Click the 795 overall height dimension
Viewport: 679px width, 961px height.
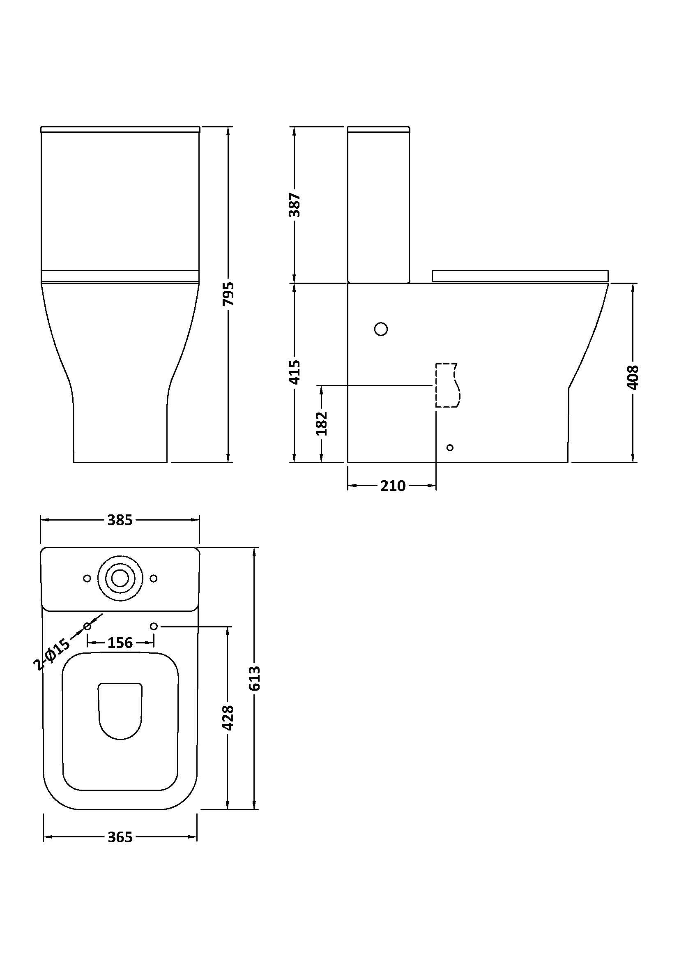click(x=228, y=294)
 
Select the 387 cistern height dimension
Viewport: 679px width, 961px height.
click(x=295, y=205)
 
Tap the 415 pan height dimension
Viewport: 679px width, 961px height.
click(x=295, y=372)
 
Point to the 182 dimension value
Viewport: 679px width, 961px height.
click(x=321, y=424)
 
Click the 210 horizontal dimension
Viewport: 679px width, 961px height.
click(x=392, y=486)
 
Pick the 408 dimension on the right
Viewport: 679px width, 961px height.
click(x=633, y=377)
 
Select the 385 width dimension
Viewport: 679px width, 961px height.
click(x=120, y=520)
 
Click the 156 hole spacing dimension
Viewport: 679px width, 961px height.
click(x=120, y=643)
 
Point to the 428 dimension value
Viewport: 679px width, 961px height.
click(x=228, y=718)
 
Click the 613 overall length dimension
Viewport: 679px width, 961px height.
click(x=254, y=678)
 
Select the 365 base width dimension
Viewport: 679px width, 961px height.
click(x=120, y=837)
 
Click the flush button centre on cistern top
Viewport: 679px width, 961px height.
click(x=120, y=578)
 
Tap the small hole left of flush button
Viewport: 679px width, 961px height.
click(x=87, y=578)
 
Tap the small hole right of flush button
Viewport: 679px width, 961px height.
click(x=154, y=578)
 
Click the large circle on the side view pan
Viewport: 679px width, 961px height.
click(x=381, y=329)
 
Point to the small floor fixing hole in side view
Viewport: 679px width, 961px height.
click(x=450, y=447)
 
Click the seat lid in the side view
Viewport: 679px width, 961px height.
click(x=520, y=276)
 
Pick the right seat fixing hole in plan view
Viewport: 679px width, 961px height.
click(x=154, y=626)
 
